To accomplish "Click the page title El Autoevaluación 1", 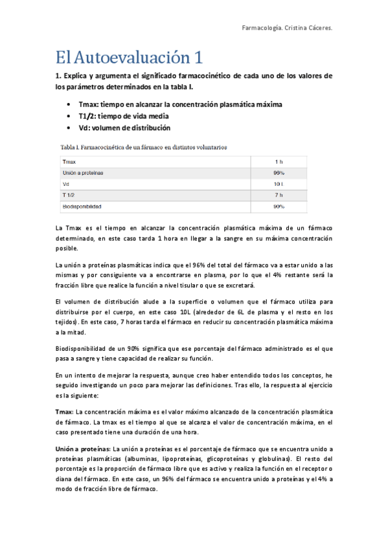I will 130,58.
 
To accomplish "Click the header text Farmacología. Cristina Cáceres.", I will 286,28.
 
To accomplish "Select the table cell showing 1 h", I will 279,161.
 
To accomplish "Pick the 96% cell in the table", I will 279,173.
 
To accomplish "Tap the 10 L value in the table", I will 279,184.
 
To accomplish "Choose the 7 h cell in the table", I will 279,195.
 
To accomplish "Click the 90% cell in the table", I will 279,207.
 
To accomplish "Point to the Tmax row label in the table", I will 69,161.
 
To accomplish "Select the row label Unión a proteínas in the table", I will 83,173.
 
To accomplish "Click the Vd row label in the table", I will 65,184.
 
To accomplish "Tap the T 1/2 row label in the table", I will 69,195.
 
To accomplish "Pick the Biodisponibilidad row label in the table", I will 82,207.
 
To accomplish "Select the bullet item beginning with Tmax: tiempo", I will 179,104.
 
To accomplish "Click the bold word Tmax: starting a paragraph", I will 65,412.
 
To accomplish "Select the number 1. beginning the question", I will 58,76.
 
